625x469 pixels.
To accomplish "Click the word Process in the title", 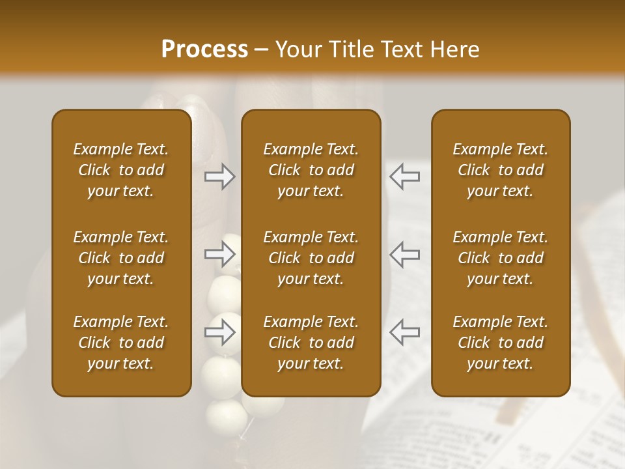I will (204, 50).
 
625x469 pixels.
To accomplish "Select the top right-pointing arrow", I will (220, 177).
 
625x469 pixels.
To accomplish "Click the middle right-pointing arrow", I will (220, 254).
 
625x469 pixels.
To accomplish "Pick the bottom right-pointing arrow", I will (220, 333).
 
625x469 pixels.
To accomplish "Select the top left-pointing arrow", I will (405, 177).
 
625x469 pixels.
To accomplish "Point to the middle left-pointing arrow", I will (405, 254).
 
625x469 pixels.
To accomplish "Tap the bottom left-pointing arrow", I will (405, 332).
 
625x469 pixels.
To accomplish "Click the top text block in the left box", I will (121, 170).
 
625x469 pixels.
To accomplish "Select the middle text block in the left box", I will (121, 258).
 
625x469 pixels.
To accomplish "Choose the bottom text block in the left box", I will (121, 343).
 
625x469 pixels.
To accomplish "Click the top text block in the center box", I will (311, 170).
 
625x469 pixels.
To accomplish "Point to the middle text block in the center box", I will (311, 258).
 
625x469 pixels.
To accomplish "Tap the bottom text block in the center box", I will (311, 343).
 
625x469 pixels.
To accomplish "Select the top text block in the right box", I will (501, 170).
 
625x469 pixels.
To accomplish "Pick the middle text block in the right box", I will (501, 258).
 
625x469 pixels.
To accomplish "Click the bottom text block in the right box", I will (501, 343).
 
